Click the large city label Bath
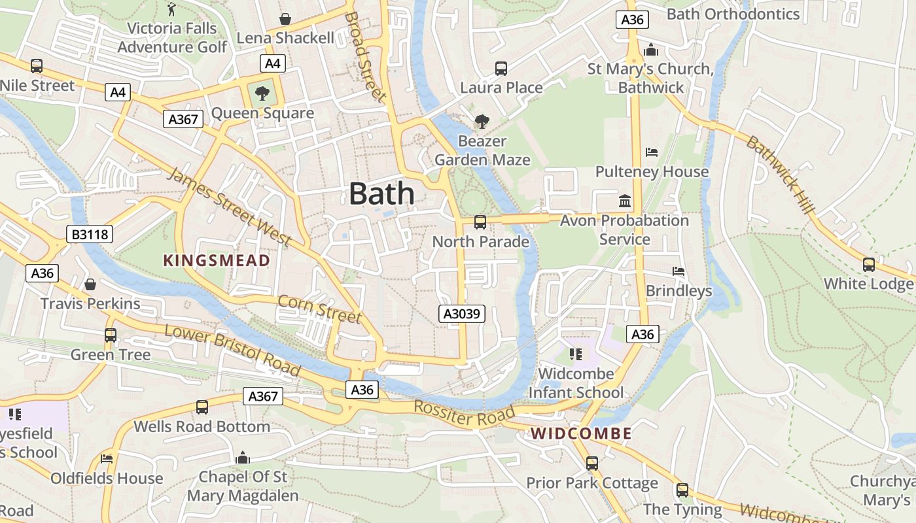(381, 194)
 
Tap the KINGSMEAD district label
(216, 260)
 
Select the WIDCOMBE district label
(581, 433)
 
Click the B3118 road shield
(90, 234)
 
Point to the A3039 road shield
(462, 314)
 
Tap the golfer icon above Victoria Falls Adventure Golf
(172, 9)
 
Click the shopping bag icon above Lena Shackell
(285, 18)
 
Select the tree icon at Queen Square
(262, 93)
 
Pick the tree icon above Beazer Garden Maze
(482, 121)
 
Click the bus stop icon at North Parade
(480, 222)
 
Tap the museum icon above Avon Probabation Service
(625, 201)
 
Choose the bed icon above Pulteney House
(652, 152)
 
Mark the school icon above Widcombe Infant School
(576, 354)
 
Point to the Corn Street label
(319, 309)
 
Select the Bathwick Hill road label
(781, 175)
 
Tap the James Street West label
(230, 207)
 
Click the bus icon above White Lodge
(869, 265)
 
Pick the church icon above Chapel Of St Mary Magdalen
(243, 458)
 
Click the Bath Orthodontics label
(733, 14)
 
